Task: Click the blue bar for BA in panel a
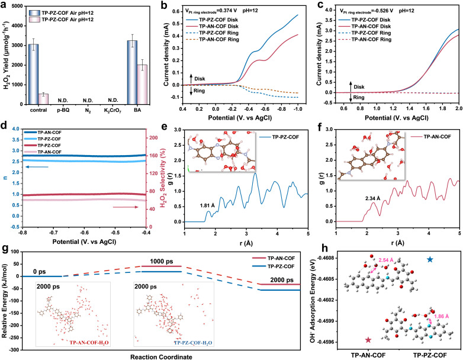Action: (132, 72)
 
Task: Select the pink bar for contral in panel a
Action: (43, 99)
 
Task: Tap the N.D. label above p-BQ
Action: (63, 101)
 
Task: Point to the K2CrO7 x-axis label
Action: (112, 111)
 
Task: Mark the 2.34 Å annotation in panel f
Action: (372, 199)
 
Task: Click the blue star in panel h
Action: (430, 259)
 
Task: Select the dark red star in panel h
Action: (368, 340)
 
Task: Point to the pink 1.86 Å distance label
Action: (442, 316)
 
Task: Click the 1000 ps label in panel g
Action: (161, 261)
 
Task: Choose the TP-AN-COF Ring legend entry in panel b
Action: (213, 40)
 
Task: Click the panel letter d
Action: (4, 126)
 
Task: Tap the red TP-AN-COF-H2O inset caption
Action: (89, 343)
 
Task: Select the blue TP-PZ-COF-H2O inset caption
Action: (193, 343)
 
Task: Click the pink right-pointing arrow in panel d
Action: (126, 207)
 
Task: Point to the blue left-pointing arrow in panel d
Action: (37, 167)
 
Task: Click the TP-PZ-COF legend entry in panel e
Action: (279, 137)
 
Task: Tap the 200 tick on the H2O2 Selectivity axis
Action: (153, 138)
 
